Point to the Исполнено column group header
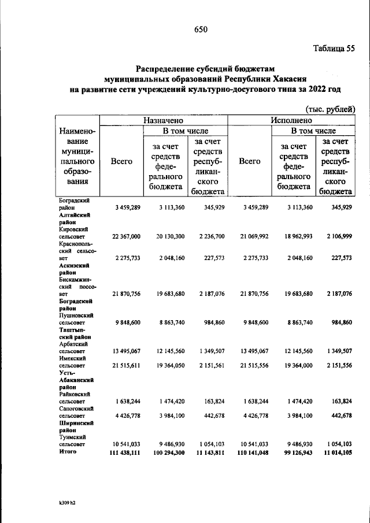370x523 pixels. point(291,120)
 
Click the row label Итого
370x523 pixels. point(68,451)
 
